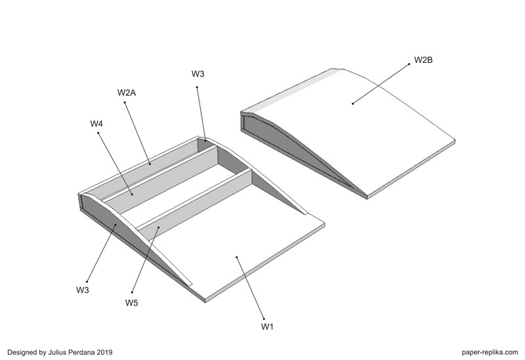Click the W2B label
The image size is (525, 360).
pyautogui.click(x=423, y=60)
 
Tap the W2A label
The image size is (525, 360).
pyautogui.click(x=127, y=92)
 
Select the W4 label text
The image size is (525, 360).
pyautogui.click(x=96, y=124)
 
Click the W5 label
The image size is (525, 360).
pyautogui.click(x=132, y=303)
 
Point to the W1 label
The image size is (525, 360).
pyautogui.click(x=267, y=327)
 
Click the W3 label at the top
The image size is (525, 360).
pyautogui.click(x=198, y=74)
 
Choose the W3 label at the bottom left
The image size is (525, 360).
pyautogui.click(x=83, y=290)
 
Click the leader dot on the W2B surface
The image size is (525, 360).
pyautogui.click(x=352, y=104)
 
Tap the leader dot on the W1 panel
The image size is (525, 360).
pyautogui.click(x=237, y=257)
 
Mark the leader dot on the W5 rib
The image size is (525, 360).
pyautogui.click(x=158, y=227)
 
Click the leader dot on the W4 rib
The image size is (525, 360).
pyautogui.click(x=132, y=194)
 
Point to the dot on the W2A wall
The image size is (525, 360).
pyautogui.click(x=150, y=164)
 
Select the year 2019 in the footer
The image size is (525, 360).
pyautogui.click(x=105, y=352)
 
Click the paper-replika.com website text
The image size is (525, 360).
pyautogui.click(x=490, y=352)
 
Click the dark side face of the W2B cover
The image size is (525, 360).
pyautogui.click(x=295, y=154)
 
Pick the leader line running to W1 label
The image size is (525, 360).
pyautogui.click(x=250, y=288)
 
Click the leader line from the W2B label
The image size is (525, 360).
pyautogui.click(x=381, y=84)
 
